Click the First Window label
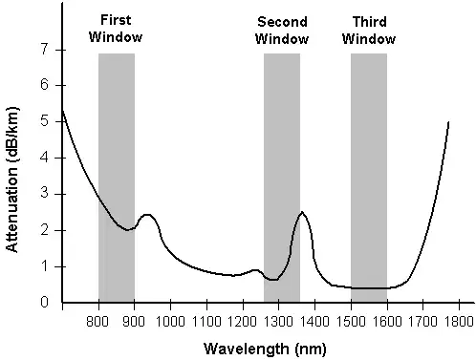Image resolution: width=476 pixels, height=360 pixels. point(116,29)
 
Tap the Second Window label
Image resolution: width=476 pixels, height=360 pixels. point(282,31)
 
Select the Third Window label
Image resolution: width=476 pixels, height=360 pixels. point(369,31)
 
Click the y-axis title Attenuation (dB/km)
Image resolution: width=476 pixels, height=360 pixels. point(12,180)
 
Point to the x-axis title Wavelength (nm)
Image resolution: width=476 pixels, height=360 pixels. point(265,349)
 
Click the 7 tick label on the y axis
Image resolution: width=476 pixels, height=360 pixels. point(44,50)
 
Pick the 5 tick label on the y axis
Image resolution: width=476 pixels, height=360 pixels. point(44,121)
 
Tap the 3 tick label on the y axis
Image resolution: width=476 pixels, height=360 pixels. point(44,194)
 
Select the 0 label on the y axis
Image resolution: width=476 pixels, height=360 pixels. point(44,302)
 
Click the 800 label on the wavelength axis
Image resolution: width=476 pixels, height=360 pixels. point(97,322)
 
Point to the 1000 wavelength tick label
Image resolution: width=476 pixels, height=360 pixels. point(170,322)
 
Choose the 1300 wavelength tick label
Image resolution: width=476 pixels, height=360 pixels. point(278,322)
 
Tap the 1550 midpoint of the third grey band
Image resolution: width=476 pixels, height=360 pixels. point(369,178)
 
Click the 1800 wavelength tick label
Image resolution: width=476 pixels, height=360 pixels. point(459,322)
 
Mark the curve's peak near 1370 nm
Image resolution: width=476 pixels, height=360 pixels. point(302,212)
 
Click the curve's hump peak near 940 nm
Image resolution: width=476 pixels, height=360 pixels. point(146,215)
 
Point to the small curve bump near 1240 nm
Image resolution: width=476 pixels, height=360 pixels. point(255,270)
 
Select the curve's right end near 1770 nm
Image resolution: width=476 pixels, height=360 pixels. point(448,122)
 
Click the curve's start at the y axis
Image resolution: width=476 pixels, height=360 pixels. point(63,110)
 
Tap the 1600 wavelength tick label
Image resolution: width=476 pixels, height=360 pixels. point(387,322)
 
